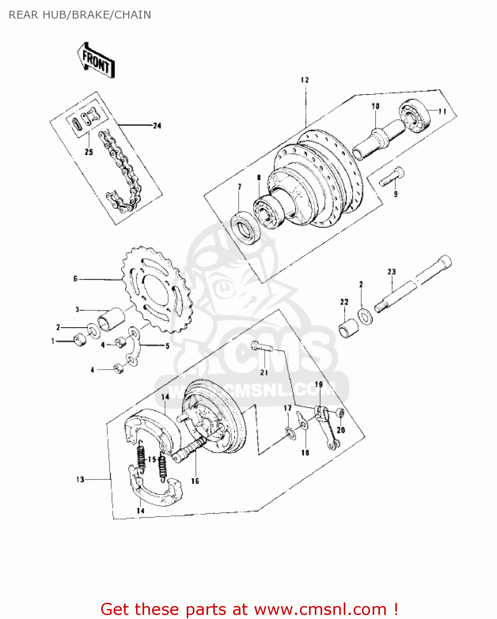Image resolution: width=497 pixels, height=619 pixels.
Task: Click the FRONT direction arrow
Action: [x=96, y=60]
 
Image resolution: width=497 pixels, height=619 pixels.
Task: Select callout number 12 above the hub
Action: [x=304, y=80]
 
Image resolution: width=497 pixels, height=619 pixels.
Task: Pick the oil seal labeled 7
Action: [x=245, y=227]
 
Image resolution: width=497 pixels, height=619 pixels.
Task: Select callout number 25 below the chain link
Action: [x=89, y=152]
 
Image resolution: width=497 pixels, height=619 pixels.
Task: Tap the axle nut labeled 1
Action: [x=80, y=340]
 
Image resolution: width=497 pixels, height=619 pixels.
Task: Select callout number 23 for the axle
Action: [x=391, y=272]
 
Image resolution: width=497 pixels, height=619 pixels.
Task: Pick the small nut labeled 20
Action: [x=340, y=413]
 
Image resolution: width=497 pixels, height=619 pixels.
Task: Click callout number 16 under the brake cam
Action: [x=195, y=481]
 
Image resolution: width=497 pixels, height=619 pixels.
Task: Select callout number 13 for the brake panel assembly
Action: [x=80, y=479]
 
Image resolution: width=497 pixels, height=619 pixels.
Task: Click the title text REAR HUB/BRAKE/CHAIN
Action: [x=80, y=15]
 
